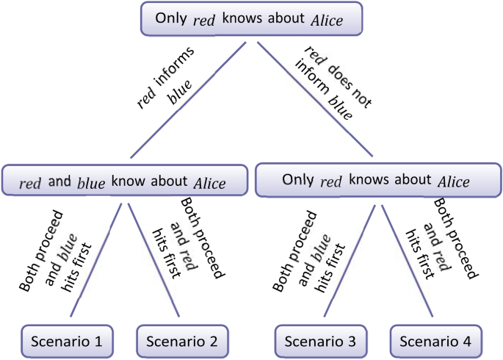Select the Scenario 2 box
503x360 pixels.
(183, 341)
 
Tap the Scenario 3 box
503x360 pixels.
(321, 341)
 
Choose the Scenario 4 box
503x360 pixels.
(435, 341)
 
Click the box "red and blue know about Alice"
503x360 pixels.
(123, 182)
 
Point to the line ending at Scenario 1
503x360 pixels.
(99, 261)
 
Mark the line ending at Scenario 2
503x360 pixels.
(153, 261)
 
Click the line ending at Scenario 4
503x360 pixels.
(404, 261)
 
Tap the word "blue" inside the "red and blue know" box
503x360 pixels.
(91, 183)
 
